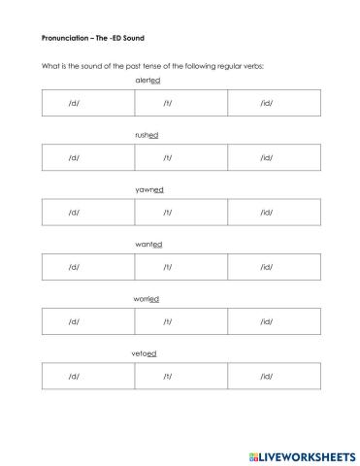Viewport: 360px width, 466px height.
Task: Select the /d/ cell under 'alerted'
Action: coord(74,102)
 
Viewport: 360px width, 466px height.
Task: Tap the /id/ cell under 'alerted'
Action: coord(267,102)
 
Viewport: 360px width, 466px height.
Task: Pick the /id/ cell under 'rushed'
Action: coord(267,156)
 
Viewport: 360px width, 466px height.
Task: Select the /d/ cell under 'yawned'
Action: coord(74,212)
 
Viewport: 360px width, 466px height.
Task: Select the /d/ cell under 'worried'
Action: coord(74,320)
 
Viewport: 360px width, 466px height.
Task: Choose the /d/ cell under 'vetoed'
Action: coord(74,375)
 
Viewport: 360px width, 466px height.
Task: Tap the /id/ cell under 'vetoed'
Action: coord(267,375)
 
